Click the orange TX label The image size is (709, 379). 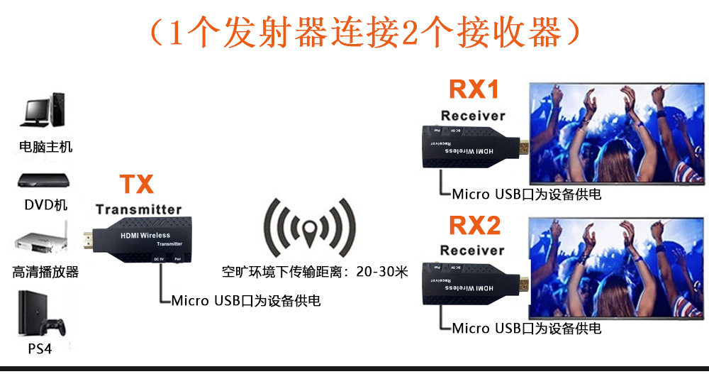pos(136,185)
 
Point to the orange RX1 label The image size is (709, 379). pos(474,90)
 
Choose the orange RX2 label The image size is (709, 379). pos(474,226)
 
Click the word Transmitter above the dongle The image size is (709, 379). pos(139,209)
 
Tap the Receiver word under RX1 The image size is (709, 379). pos(473,115)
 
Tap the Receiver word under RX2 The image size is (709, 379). pos(472,250)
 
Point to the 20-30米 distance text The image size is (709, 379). pos(382,272)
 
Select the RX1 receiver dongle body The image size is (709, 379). pos(468,148)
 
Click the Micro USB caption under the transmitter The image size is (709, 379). pos(246,301)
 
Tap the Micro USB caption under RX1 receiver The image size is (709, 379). pos(526,193)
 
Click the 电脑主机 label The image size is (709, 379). pos(45,147)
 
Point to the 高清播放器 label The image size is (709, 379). pos(45,272)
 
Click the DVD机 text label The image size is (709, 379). pos(45,205)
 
